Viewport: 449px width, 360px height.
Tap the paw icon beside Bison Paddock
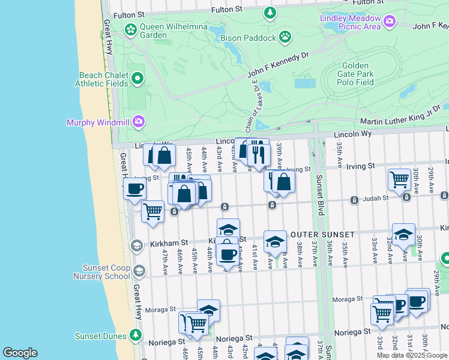(285, 37)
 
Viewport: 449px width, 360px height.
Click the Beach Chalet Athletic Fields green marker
(137, 79)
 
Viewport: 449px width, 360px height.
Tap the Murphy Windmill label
(100, 122)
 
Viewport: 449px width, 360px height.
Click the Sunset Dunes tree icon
(137, 335)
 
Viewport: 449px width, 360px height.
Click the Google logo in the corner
(20, 353)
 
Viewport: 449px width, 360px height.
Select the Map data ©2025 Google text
(412, 355)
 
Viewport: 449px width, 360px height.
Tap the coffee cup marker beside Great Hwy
(134, 188)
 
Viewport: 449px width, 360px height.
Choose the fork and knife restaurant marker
(259, 154)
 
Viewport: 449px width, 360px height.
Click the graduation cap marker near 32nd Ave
(403, 234)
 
